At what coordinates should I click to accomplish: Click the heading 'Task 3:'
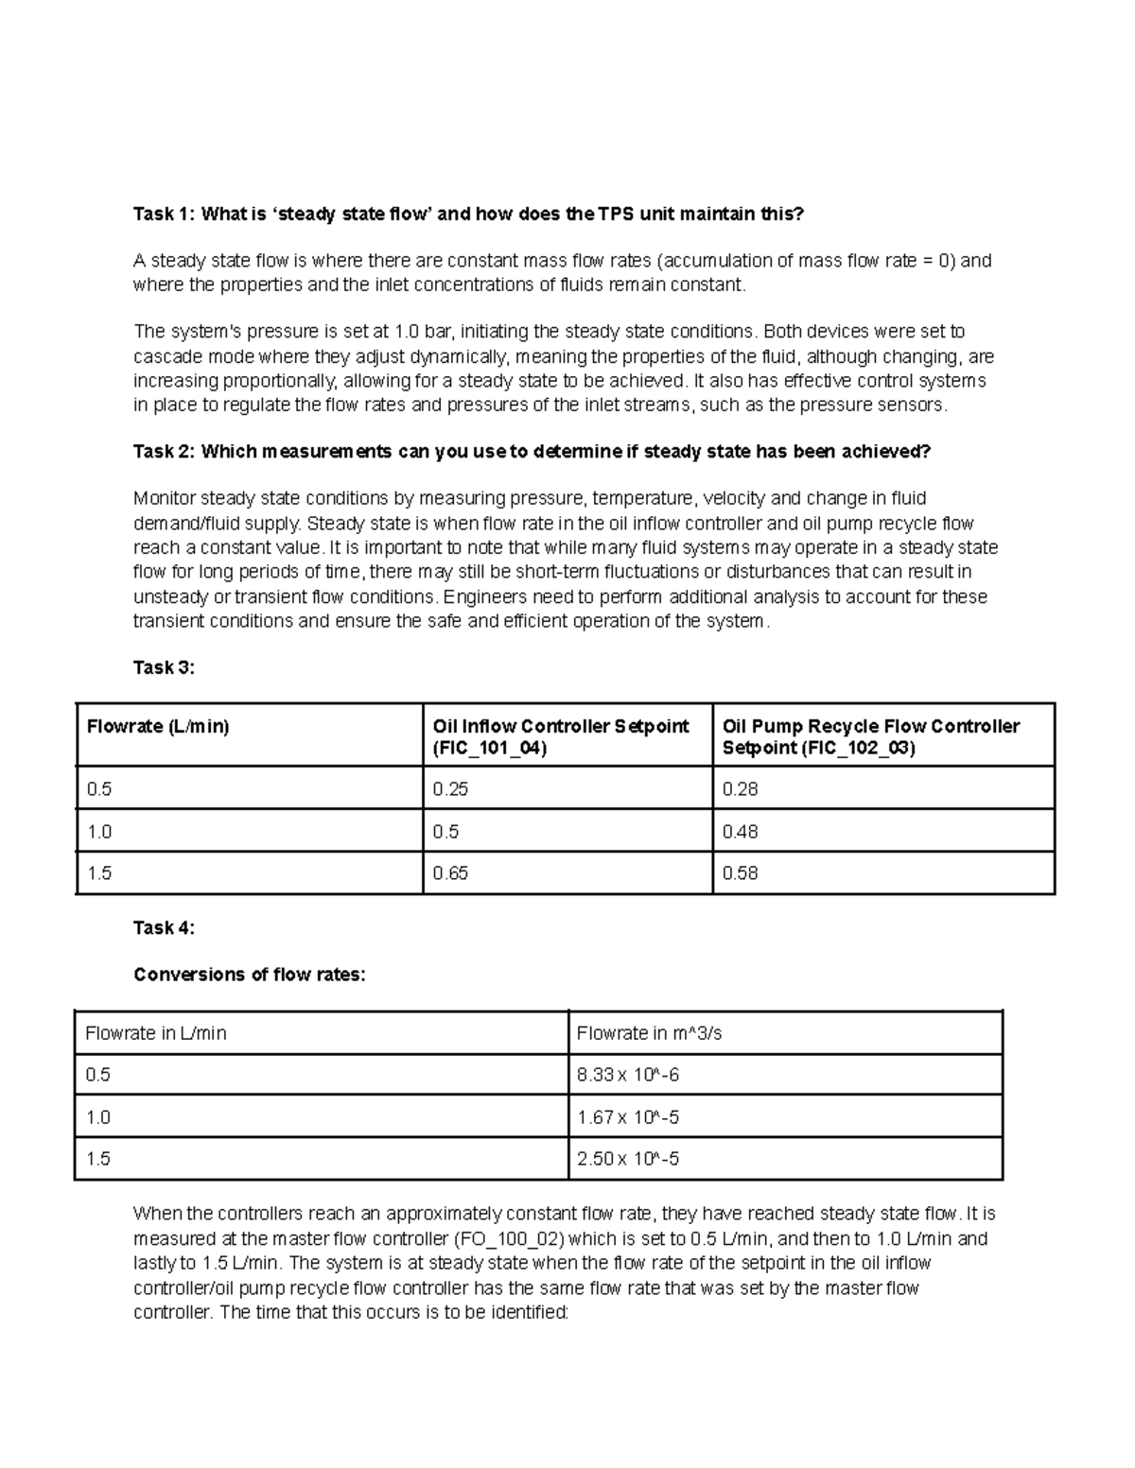(164, 667)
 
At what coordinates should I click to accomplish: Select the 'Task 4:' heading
(164, 927)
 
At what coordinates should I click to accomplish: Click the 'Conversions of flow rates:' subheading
(249, 974)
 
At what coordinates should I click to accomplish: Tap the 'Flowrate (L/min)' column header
(158, 727)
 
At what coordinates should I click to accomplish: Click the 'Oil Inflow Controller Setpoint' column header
(561, 727)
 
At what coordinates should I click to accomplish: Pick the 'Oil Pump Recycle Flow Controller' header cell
(870, 727)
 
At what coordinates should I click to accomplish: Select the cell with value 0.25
(450, 789)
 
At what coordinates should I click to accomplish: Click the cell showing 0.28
(740, 789)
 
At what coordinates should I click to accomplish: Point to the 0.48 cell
(740, 832)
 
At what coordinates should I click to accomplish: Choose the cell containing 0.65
(450, 873)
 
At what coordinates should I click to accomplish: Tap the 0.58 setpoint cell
(740, 873)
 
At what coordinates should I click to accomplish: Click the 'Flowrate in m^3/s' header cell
(649, 1033)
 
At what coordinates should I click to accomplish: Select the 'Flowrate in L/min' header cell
(156, 1033)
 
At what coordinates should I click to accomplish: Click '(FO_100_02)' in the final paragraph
(509, 1238)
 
